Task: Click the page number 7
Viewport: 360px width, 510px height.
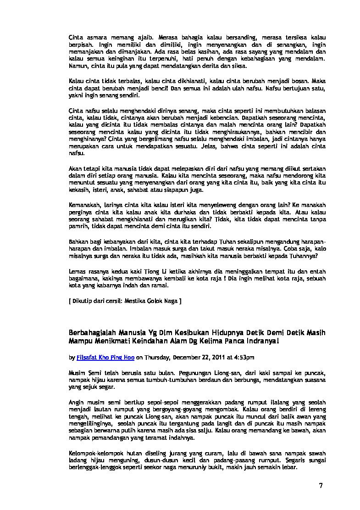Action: point(321,486)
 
